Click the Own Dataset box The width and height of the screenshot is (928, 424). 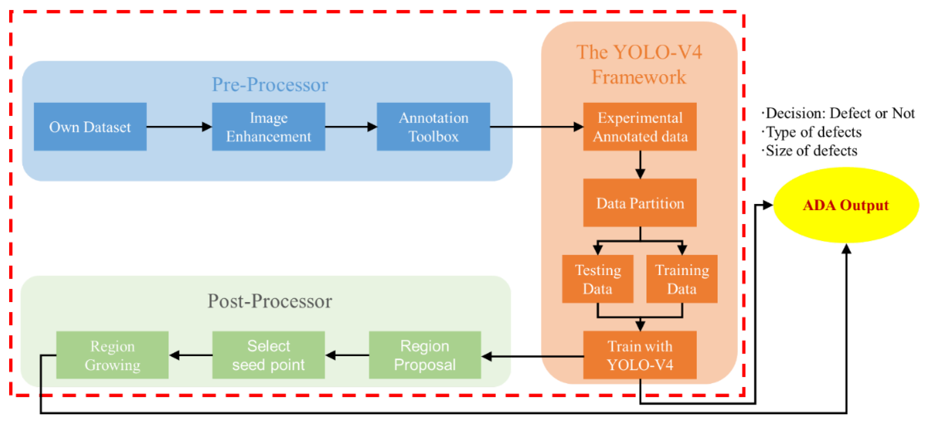tap(90, 127)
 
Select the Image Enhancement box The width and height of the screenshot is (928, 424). tap(268, 127)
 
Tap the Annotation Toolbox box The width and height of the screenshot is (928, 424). tap(433, 127)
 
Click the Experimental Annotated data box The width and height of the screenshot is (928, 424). tap(640, 127)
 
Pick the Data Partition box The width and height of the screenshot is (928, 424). tap(640, 203)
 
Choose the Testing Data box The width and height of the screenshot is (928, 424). tap(598, 279)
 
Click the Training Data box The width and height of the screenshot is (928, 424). tap(682, 279)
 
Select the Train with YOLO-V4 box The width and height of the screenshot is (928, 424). tap(640, 355)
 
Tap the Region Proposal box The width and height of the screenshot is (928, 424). tap(425, 355)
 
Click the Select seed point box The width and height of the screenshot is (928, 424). tap(268, 355)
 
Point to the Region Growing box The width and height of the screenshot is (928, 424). tap(112, 355)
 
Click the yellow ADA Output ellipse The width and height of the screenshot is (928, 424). tap(846, 205)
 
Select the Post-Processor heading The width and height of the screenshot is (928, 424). tap(270, 301)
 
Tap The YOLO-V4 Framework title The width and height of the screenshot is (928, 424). tap(639, 65)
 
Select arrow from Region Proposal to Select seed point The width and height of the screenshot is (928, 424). tap(347, 355)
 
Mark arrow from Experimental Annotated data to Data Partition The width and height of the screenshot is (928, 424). tap(640, 164)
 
